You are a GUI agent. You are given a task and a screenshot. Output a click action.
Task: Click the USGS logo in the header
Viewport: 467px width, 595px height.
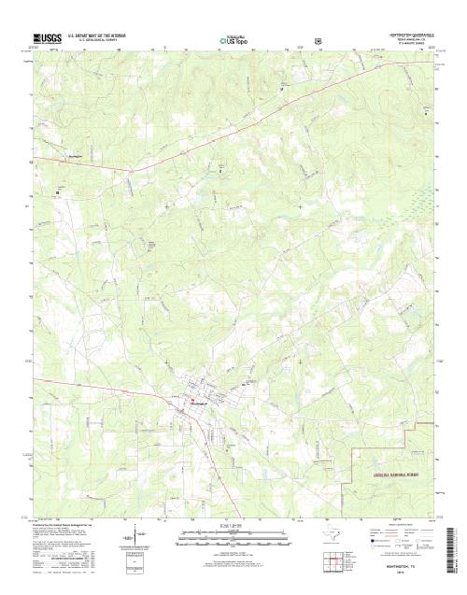point(48,39)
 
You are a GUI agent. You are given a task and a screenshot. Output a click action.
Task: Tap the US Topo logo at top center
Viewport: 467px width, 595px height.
point(233,40)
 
